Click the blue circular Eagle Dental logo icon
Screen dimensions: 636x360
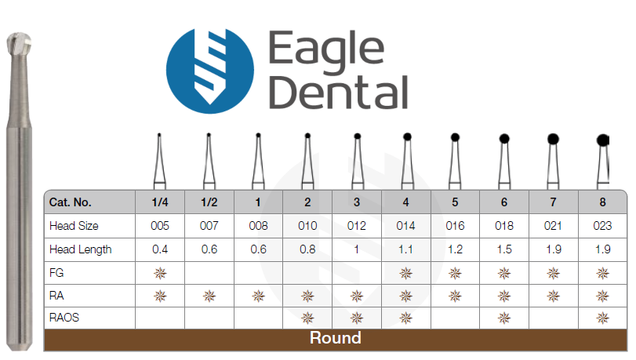210,71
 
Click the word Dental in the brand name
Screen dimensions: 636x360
338,92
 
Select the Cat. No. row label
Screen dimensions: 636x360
70,202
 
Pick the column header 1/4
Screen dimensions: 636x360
160,202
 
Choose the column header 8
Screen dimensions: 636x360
602,202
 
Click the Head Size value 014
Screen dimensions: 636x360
405,226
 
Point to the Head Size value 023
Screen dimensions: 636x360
602,226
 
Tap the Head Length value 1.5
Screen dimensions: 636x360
504,249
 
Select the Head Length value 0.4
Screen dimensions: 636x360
160,249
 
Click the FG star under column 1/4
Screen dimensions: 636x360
160,273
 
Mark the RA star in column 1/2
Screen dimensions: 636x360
209,296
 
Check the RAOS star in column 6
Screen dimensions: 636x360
504,318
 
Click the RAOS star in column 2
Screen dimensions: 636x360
307,318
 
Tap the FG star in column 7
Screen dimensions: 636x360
553,273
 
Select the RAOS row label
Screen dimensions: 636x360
64,318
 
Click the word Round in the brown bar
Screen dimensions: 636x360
336,338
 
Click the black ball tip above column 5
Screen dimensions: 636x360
455,137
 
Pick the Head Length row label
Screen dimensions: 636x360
80,249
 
